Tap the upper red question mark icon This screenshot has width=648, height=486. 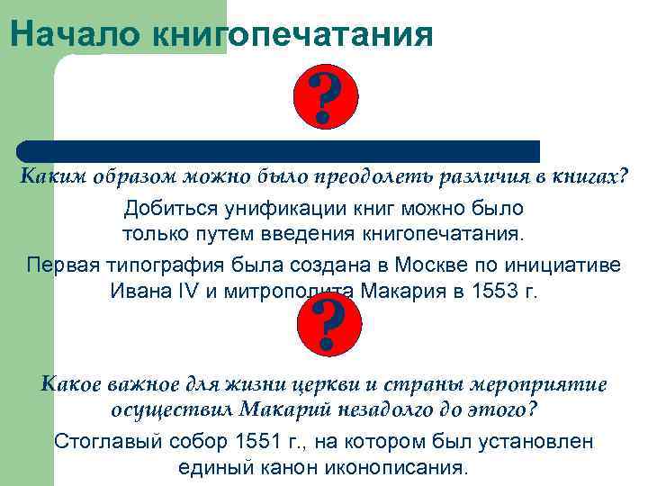(x=327, y=99)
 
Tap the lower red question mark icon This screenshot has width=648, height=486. (x=328, y=327)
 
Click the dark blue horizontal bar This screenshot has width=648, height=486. (x=279, y=150)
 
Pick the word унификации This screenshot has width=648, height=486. (x=274, y=209)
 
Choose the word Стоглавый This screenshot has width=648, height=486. (x=98, y=442)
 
